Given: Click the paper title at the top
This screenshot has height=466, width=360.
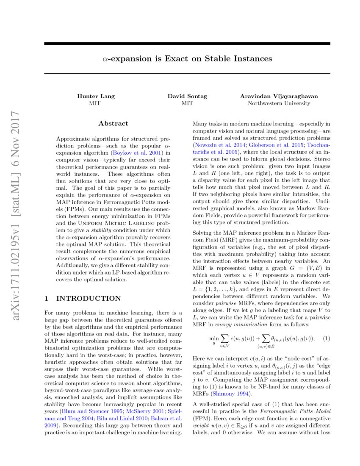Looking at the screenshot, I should pyautogui.click(x=187, y=59).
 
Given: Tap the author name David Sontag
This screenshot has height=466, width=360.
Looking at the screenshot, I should pyautogui.click(x=187, y=96).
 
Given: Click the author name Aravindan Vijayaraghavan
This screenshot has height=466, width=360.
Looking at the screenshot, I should pyautogui.click(x=279, y=96).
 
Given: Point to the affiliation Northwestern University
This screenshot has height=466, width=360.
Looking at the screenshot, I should pyautogui.click(x=279, y=103).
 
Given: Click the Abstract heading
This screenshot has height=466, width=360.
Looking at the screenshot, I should pyautogui.click(x=113, y=124).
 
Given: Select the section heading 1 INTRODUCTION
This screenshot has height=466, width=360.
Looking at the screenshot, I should pyautogui.click(x=83, y=298).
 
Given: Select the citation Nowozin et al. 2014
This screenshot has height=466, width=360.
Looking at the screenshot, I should pyautogui.click(x=215, y=145).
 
